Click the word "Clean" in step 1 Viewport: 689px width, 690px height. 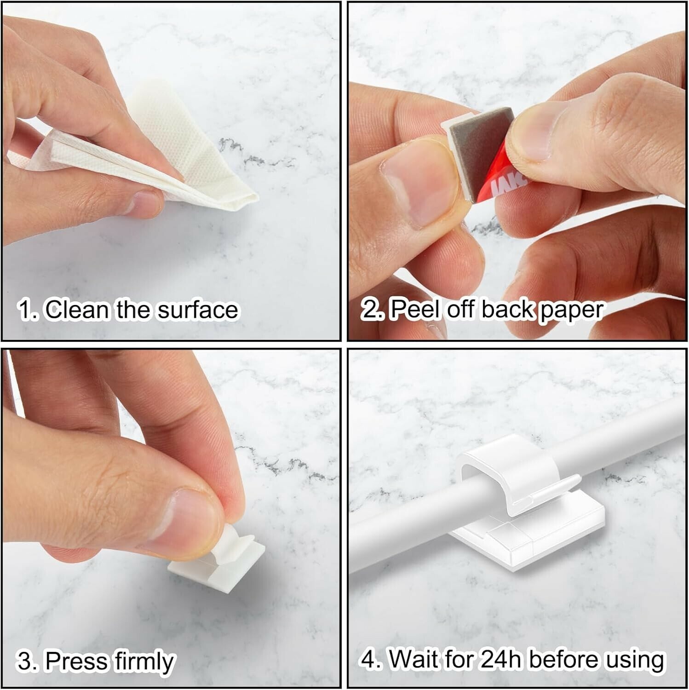pos(78,309)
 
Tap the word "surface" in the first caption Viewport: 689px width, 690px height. pos(198,310)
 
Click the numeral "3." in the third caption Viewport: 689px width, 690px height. pos(29,661)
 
